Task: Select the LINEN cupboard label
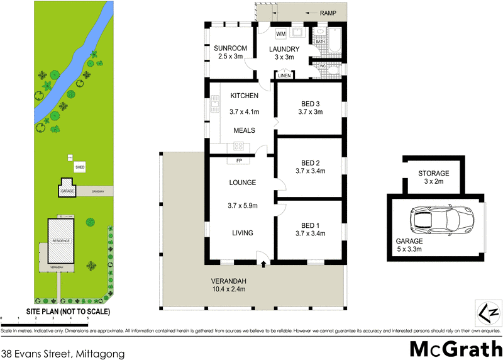tap(284, 76)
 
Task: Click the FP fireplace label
tap(239, 160)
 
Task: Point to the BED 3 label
tap(310, 103)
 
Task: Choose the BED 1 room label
tap(310, 226)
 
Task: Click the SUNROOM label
tap(229, 48)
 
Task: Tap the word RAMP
tap(328, 13)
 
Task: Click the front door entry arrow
tap(263, 263)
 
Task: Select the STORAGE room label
tap(434, 174)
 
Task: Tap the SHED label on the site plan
tap(80, 167)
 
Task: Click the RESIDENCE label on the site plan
tap(60, 241)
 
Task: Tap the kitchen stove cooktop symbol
tap(239, 146)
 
